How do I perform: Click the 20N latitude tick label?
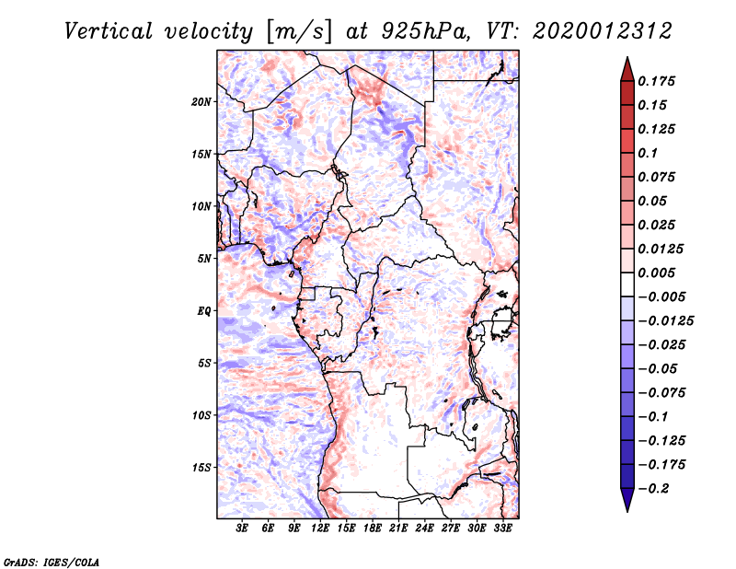[x=201, y=102]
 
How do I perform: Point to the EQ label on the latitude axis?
[x=204, y=311]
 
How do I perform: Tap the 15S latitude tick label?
[x=201, y=468]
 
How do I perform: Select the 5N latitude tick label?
[x=204, y=259]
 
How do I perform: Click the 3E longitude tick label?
[x=242, y=528]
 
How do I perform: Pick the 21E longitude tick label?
[x=398, y=528]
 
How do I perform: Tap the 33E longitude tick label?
[x=502, y=528]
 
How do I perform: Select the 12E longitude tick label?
[x=320, y=528]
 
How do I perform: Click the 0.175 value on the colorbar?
[x=656, y=81]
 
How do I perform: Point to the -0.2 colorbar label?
[x=653, y=489]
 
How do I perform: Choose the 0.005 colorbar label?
[x=656, y=273]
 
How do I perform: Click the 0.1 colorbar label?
[x=648, y=153]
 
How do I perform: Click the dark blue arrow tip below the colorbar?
[x=627, y=511]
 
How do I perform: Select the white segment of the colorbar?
[x=627, y=284]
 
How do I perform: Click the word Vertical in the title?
[x=109, y=31]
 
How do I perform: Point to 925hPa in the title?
[x=426, y=31]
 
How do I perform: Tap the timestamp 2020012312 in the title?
[x=603, y=31]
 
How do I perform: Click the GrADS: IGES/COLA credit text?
[x=52, y=563]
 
